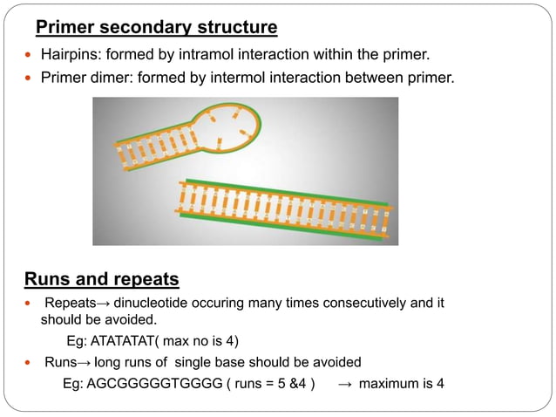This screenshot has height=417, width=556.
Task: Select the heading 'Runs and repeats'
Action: tap(100, 280)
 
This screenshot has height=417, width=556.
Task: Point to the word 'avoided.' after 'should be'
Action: tap(132, 319)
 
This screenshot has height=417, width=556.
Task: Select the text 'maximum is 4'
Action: tap(402, 384)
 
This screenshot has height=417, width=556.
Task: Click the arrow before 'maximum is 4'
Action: tap(345, 384)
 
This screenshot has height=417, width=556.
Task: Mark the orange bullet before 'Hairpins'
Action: tap(28, 58)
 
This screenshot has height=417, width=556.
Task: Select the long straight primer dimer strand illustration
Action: tap(283, 210)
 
